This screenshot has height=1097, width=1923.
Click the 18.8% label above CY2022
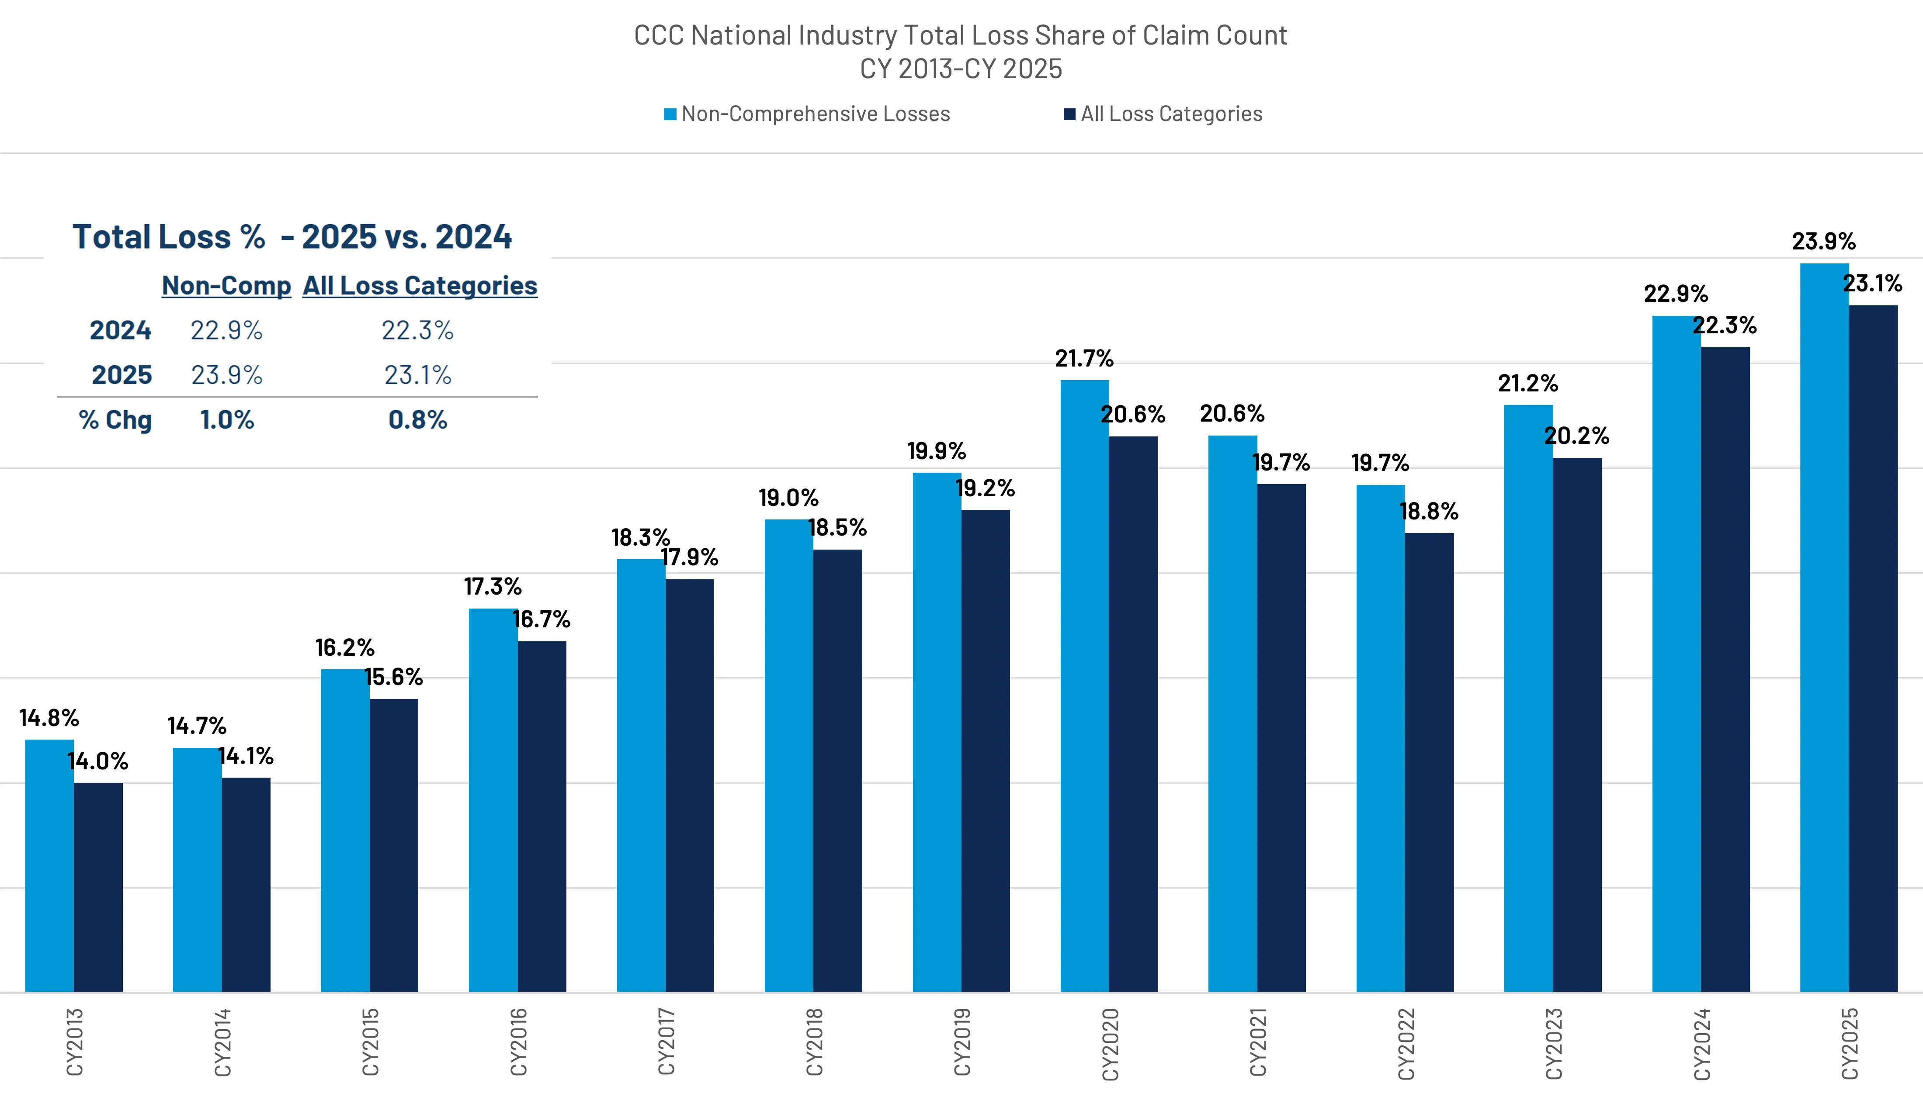tap(1429, 512)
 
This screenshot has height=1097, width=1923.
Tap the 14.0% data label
tap(98, 762)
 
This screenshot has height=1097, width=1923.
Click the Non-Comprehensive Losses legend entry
tap(807, 114)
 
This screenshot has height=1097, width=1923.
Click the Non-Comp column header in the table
tap(226, 286)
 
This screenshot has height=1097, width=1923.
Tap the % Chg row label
tap(115, 420)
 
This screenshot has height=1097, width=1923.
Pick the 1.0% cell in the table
tap(227, 420)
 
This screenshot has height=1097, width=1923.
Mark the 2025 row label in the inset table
tap(121, 374)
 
